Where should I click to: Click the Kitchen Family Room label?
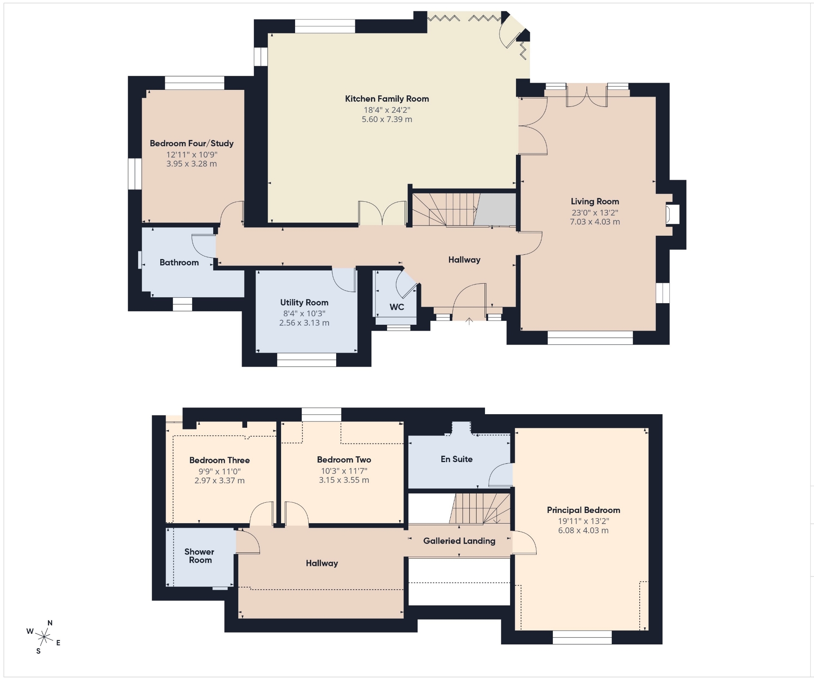(x=387, y=99)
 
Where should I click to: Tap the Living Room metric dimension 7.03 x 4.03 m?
(x=595, y=222)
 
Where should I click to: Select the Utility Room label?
(x=304, y=303)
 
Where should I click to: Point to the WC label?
(x=397, y=307)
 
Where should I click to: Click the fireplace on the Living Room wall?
(x=673, y=215)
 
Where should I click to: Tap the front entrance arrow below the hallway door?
(x=469, y=321)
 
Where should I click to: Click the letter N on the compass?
(x=50, y=623)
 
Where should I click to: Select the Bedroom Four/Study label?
(x=192, y=143)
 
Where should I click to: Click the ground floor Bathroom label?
(x=179, y=262)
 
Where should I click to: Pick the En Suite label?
(x=457, y=459)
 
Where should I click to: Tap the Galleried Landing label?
(x=459, y=541)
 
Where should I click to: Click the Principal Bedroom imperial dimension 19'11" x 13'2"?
(x=583, y=521)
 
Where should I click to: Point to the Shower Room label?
(x=199, y=556)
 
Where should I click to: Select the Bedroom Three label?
(x=219, y=460)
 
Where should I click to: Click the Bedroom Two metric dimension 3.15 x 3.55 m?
(x=344, y=480)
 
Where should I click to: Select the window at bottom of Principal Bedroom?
(x=582, y=637)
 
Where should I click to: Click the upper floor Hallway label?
(x=322, y=563)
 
